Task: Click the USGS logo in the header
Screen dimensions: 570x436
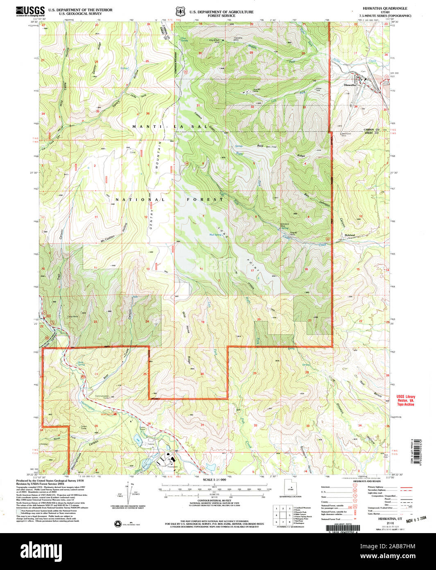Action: [30, 11]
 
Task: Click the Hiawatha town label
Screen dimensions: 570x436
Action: [350, 85]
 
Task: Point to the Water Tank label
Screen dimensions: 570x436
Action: [318, 89]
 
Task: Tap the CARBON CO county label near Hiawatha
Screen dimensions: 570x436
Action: [371, 130]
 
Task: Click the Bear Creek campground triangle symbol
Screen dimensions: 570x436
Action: [116, 414]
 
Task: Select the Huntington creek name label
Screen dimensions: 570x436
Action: [88, 405]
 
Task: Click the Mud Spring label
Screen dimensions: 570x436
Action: [216, 235]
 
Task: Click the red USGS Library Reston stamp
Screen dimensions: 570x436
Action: [405, 400]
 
